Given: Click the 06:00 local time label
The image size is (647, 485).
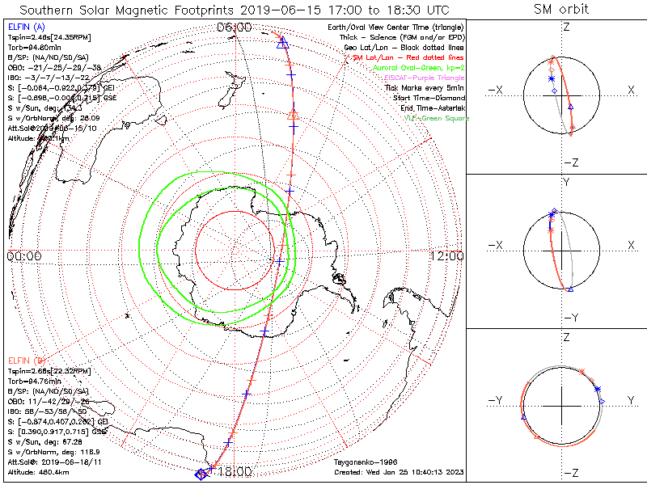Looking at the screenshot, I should [x=235, y=28].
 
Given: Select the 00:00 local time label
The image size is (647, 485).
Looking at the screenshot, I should [x=23, y=256].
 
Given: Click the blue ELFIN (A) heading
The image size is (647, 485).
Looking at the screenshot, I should [x=24, y=27].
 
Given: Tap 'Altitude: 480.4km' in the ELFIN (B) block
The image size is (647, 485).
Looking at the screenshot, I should [x=38, y=471].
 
